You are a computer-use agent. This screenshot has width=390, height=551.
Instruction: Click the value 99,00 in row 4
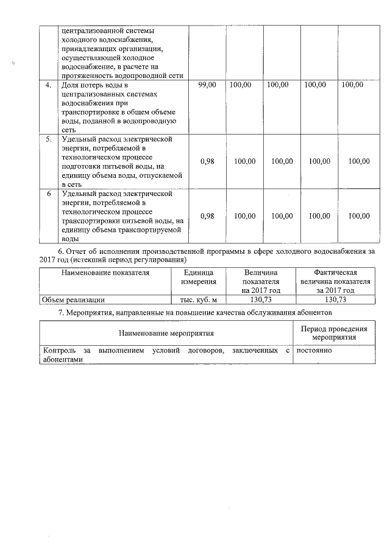click(207, 85)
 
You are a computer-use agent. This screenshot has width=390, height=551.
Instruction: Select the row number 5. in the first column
click(49, 139)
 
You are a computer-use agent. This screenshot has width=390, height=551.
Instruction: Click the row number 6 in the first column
click(49, 194)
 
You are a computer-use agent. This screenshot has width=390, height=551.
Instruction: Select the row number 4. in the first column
click(49, 85)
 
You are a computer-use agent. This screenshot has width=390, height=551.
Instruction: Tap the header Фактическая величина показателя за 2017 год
click(335, 282)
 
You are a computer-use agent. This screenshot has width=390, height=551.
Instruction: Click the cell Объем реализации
click(73, 300)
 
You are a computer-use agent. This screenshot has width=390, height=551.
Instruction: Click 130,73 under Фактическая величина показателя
click(335, 300)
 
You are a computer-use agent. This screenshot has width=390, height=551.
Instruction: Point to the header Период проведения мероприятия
click(334, 333)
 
